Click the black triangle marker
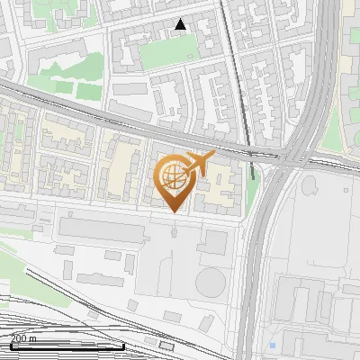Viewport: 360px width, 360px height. tap(181, 24)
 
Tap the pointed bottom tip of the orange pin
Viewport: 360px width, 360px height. tap(175, 212)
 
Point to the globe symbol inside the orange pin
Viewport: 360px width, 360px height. tap(174, 176)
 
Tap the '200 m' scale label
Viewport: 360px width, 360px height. tap(24, 338)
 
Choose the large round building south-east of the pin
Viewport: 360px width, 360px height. tap(210, 283)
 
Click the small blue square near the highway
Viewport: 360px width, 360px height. tap(272, 345)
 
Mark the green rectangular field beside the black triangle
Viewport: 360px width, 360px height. tap(166, 53)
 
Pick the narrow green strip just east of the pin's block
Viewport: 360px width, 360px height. tap(252, 191)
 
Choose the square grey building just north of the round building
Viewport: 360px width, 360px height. tap(216, 240)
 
